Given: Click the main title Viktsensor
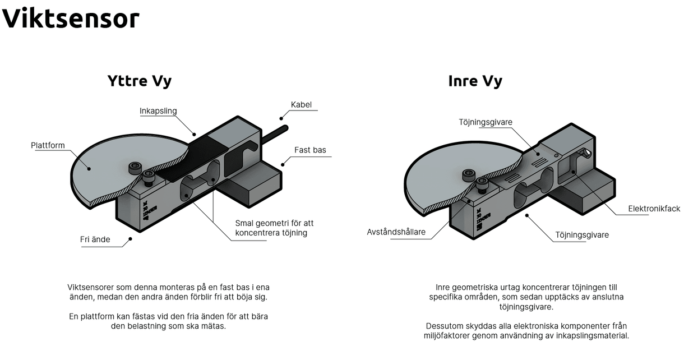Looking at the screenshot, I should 71,19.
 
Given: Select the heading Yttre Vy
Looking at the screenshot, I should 139,81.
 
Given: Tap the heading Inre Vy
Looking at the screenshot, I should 475,81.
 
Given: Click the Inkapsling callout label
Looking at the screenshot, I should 158,111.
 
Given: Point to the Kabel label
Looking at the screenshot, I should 301,105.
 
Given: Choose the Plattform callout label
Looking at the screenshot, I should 48,146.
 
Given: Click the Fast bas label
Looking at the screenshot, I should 310,150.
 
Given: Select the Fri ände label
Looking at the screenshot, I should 95,240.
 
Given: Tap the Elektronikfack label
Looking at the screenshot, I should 654,209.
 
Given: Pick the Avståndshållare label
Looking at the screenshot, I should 396,232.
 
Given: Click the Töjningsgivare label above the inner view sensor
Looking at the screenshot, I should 486,122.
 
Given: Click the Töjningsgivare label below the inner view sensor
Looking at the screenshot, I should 582,235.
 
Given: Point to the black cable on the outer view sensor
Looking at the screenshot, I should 274,135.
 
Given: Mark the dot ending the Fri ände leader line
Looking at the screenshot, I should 130,238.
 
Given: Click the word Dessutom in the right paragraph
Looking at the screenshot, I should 446,326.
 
